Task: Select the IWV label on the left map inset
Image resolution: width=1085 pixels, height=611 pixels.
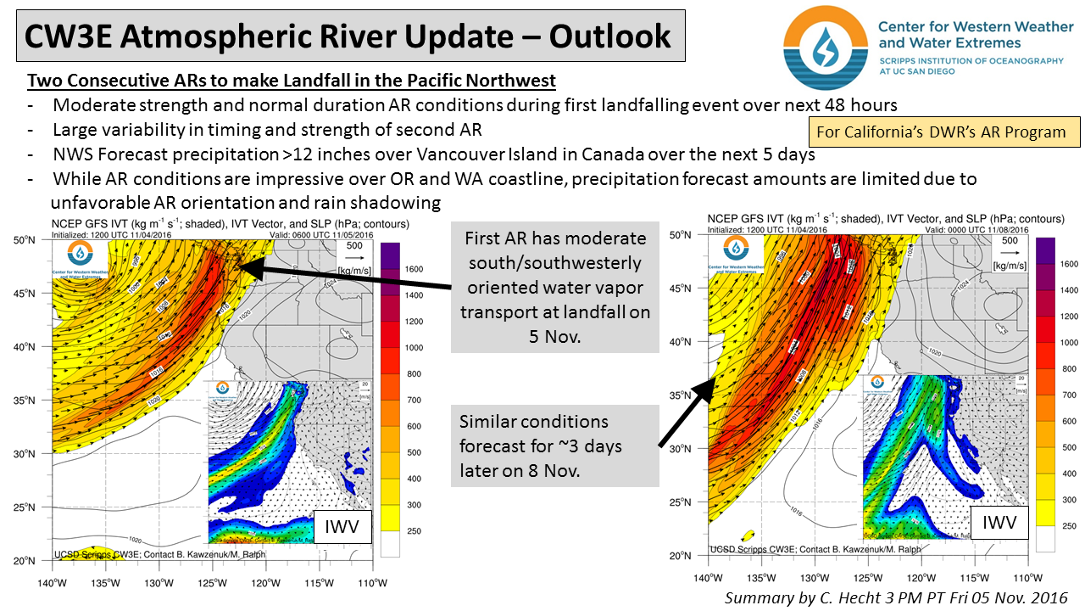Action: point(342,528)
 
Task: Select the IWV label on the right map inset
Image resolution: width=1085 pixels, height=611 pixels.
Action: point(999,524)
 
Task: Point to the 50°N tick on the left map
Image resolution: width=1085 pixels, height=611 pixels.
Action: point(36,240)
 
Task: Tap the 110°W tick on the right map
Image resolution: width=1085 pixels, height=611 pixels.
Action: point(1028,577)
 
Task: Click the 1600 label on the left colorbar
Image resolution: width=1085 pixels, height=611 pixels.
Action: point(413,269)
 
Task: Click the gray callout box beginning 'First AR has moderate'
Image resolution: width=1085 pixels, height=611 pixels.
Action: point(555,286)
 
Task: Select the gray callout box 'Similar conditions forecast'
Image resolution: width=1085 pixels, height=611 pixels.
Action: point(555,446)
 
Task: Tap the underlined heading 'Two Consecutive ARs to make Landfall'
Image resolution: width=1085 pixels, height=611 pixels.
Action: point(292,81)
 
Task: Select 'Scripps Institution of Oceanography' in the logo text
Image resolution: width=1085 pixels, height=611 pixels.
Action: point(971,61)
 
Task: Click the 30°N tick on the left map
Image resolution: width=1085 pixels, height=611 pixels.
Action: point(36,454)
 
